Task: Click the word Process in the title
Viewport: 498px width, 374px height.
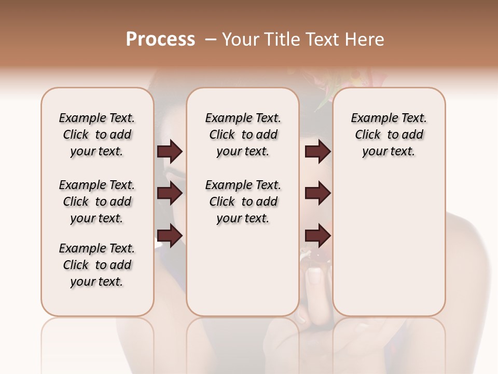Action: (160, 39)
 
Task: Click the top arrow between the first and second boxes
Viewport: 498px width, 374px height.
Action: (170, 151)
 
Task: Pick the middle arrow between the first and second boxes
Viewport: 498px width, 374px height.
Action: (170, 193)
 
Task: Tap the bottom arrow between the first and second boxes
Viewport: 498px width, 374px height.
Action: (170, 235)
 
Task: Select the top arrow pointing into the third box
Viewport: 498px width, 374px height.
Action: (317, 151)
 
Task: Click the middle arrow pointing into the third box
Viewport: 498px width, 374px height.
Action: (317, 193)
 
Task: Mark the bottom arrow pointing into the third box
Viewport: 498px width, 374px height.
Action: (317, 235)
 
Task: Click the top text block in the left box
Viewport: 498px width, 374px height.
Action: (97, 135)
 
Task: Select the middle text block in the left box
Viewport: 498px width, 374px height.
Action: (97, 202)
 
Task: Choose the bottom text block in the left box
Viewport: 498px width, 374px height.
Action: (97, 265)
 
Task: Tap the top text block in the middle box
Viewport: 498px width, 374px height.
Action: (243, 135)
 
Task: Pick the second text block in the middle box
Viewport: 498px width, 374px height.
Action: (243, 202)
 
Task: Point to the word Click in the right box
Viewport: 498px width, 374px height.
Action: (368, 135)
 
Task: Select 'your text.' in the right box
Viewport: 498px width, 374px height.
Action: (389, 152)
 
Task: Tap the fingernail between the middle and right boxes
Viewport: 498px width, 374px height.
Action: (314, 275)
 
